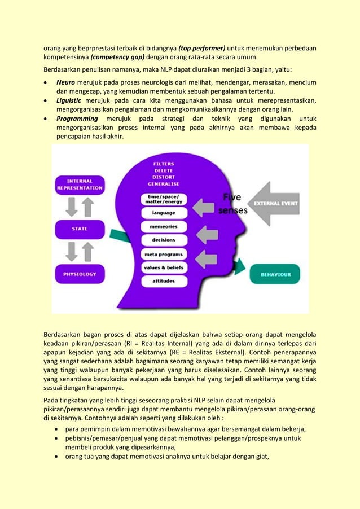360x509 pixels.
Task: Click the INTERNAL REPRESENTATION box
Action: pos(80,185)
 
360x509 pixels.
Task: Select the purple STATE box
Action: pos(80,229)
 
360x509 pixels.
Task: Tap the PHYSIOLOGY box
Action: pos(80,274)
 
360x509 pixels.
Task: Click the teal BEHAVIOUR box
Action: pos(275,274)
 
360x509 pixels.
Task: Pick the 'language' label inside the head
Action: pos(164,213)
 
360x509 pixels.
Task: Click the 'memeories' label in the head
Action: pos(164,226)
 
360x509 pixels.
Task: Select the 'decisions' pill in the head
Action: pos(164,240)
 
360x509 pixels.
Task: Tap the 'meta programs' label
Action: pos(164,254)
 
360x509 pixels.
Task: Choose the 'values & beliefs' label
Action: pos(164,267)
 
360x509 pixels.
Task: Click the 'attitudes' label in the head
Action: pos(164,280)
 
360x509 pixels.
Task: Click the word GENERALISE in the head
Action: pos(164,184)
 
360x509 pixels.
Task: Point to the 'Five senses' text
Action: pos(232,204)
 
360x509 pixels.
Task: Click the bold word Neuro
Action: pos(66,83)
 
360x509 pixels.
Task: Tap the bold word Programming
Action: pos(77,119)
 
